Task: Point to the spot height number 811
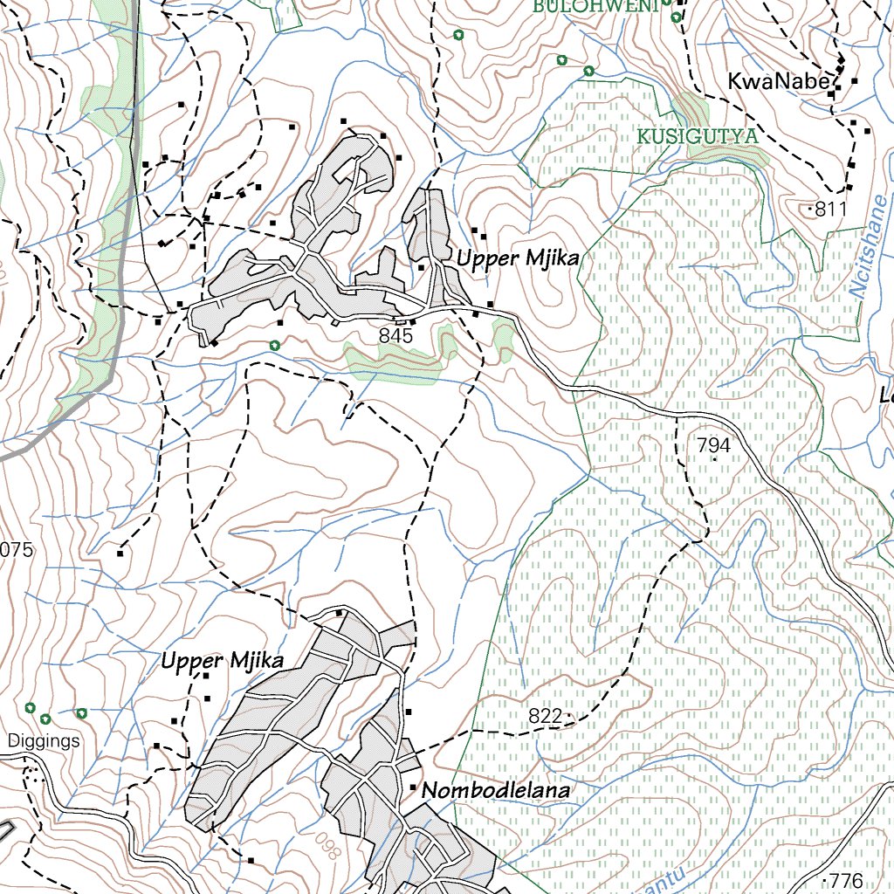[x=831, y=210]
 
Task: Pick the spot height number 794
[x=713, y=445]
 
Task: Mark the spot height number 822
[x=545, y=717]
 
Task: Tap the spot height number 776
[x=845, y=880]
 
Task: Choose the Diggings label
[x=44, y=741]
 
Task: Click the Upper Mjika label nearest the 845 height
[x=516, y=259]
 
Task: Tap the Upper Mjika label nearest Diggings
[x=222, y=661]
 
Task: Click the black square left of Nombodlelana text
[x=413, y=787]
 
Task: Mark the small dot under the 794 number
[x=715, y=459]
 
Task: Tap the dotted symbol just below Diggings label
[x=32, y=772]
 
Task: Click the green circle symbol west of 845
[x=276, y=345]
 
